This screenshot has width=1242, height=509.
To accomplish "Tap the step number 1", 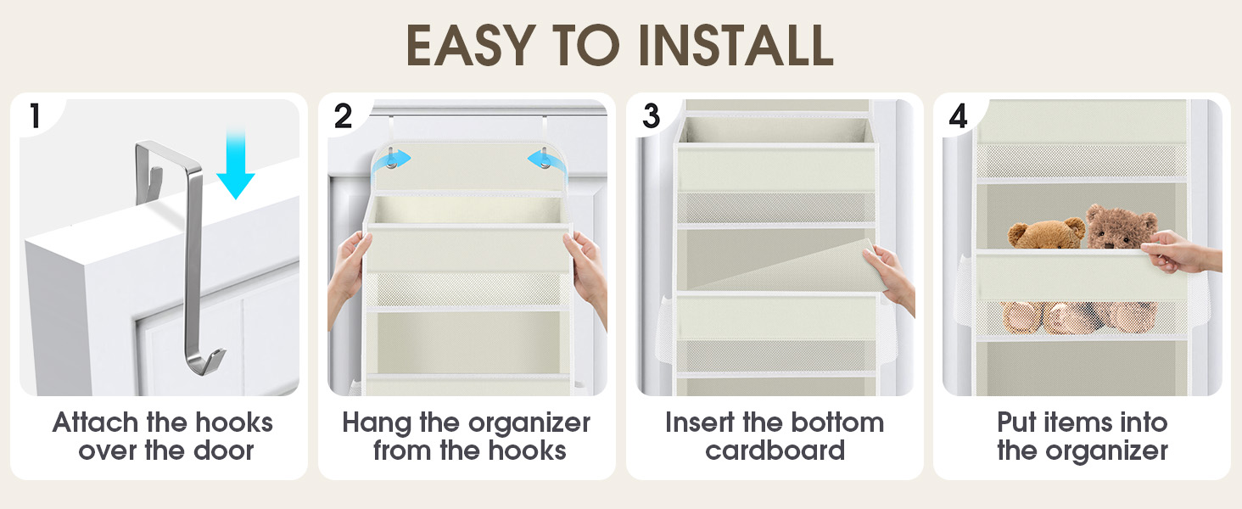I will click(35, 116).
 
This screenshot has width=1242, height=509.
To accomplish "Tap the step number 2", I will click(343, 116).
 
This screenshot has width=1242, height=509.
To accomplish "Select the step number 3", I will click(651, 116).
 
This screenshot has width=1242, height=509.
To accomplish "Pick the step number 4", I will click(958, 116).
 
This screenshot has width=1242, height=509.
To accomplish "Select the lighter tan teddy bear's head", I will click(1046, 233).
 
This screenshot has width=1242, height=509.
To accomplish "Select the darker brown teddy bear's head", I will click(1122, 225).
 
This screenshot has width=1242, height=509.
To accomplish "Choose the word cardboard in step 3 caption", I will click(775, 450).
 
